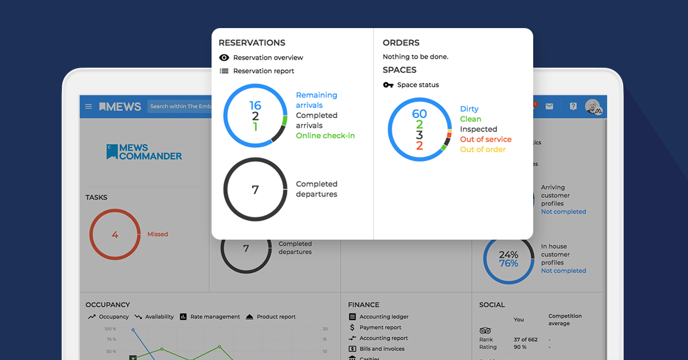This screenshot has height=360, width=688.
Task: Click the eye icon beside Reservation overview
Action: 224,58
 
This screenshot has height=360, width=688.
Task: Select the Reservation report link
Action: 263,71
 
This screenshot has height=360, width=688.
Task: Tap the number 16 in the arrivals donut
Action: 255,105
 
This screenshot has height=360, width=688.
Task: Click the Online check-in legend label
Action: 325,136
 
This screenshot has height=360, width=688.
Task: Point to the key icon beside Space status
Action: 388,85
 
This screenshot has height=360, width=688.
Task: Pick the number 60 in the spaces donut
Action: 419,114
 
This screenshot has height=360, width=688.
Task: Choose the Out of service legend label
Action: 485,139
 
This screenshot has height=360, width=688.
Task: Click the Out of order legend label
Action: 483,150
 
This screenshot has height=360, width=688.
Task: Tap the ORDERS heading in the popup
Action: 401,43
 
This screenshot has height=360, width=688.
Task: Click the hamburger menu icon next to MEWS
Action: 88,107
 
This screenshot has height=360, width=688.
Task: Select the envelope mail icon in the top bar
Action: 549,107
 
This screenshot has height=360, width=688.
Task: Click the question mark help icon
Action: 573,107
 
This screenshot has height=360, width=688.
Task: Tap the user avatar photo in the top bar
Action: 593,107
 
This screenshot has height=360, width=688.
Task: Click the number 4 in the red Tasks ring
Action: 115,234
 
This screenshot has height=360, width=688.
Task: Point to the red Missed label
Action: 158,234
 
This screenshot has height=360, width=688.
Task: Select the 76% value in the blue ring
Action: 509,264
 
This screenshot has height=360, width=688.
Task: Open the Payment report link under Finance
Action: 380,328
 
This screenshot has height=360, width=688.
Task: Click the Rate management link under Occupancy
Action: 214,317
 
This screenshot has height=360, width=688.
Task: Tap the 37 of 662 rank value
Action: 525,339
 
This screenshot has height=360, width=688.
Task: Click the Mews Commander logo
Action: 144,152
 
